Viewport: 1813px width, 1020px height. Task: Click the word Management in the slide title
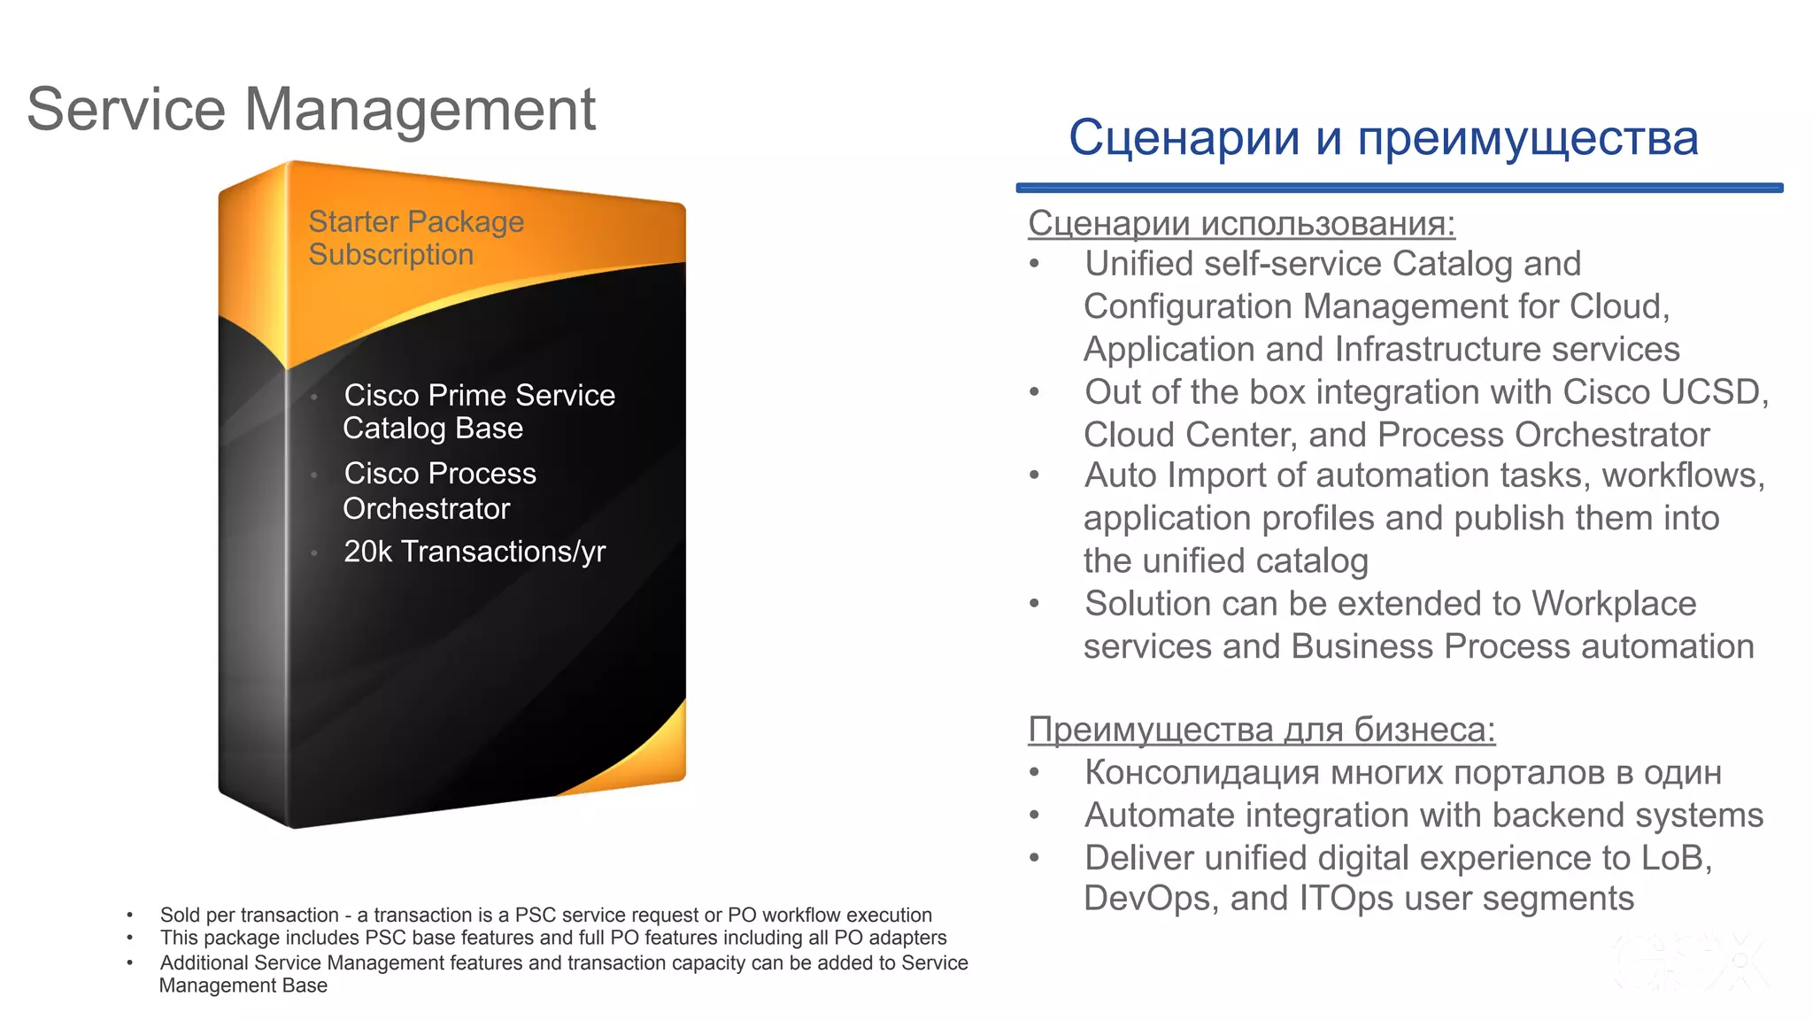click(x=420, y=110)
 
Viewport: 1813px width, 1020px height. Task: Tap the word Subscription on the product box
click(x=390, y=255)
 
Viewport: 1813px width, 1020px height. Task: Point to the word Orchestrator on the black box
click(x=426, y=509)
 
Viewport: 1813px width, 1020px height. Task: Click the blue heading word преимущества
click(x=1527, y=139)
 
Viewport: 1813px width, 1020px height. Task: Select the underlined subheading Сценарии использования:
click(x=1241, y=223)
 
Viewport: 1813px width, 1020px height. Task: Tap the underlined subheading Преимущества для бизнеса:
click(x=1261, y=730)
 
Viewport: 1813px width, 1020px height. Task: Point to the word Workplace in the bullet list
click(x=1613, y=604)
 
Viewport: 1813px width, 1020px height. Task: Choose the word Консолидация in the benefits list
click(x=1202, y=773)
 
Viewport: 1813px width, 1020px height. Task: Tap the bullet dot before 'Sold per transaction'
click(x=130, y=916)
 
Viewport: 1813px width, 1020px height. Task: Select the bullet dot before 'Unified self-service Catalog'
click(x=1034, y=263)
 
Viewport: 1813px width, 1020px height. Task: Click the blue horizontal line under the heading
click(x=1399, y=188)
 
